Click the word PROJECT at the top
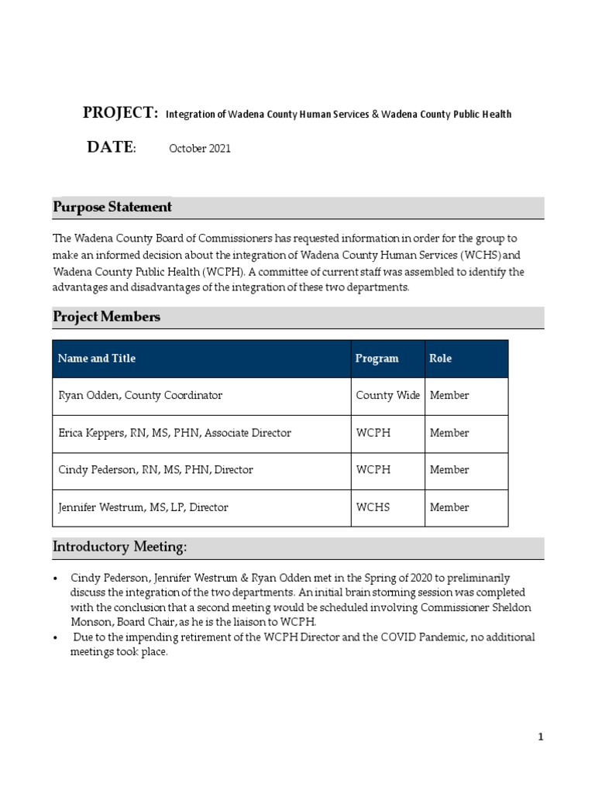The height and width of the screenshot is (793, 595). (x=120, y=113)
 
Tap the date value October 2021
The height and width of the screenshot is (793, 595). (x=200, y=149)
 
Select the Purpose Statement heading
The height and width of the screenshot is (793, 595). (x=112, y=208)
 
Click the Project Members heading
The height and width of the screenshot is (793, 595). (x=106, y=317)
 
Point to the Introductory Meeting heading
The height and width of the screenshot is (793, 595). (x=119, y=548)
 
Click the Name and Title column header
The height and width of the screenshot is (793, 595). (x=97, y=359)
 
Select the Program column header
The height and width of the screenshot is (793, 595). (x=377, y=359)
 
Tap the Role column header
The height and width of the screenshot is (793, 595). (x=440, y=359)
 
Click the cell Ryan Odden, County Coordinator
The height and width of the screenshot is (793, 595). (x=141, y=396)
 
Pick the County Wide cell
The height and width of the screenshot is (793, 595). (x=387, y=396)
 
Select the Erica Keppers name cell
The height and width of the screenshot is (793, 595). (x=175, y=433)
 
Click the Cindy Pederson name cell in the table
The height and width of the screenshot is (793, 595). (x=156, y=470)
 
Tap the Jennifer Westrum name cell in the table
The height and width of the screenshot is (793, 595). (x=143, y=508)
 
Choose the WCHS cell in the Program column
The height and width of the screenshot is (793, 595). (x=373, y=508)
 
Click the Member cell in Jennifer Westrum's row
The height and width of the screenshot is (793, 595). (x=449, y=508)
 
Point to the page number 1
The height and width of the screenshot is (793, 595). (x=541, y=737)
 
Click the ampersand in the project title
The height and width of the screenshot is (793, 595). (x=375, y=115)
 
